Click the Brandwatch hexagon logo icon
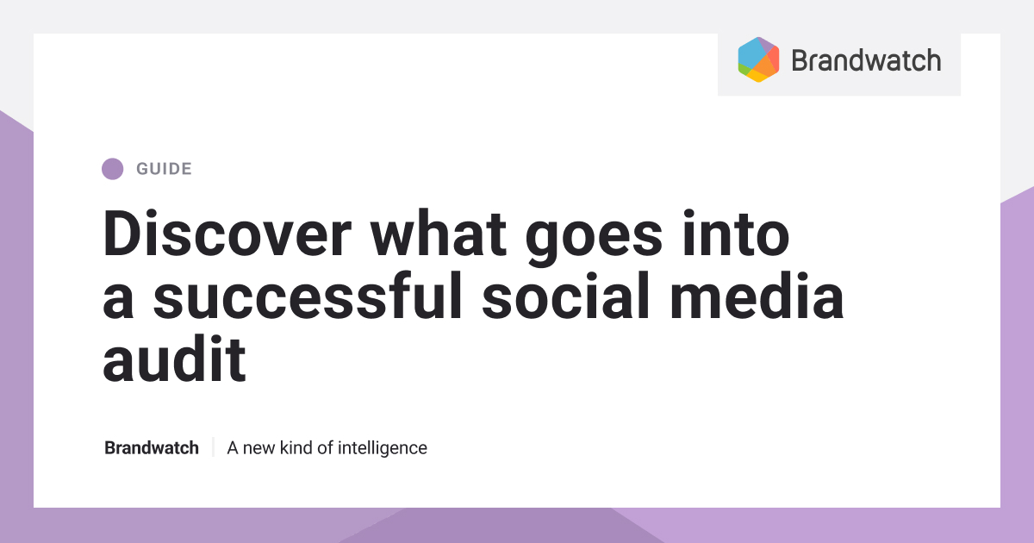(758, 59)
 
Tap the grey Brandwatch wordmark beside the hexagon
(865, 60)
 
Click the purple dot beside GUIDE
(112, 169)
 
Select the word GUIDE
(164, 169)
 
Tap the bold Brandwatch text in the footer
(152, 448)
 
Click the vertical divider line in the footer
(213, 448)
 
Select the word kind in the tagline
(296, 448)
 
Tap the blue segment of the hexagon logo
(751, 54)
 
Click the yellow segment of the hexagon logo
(757, 76)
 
